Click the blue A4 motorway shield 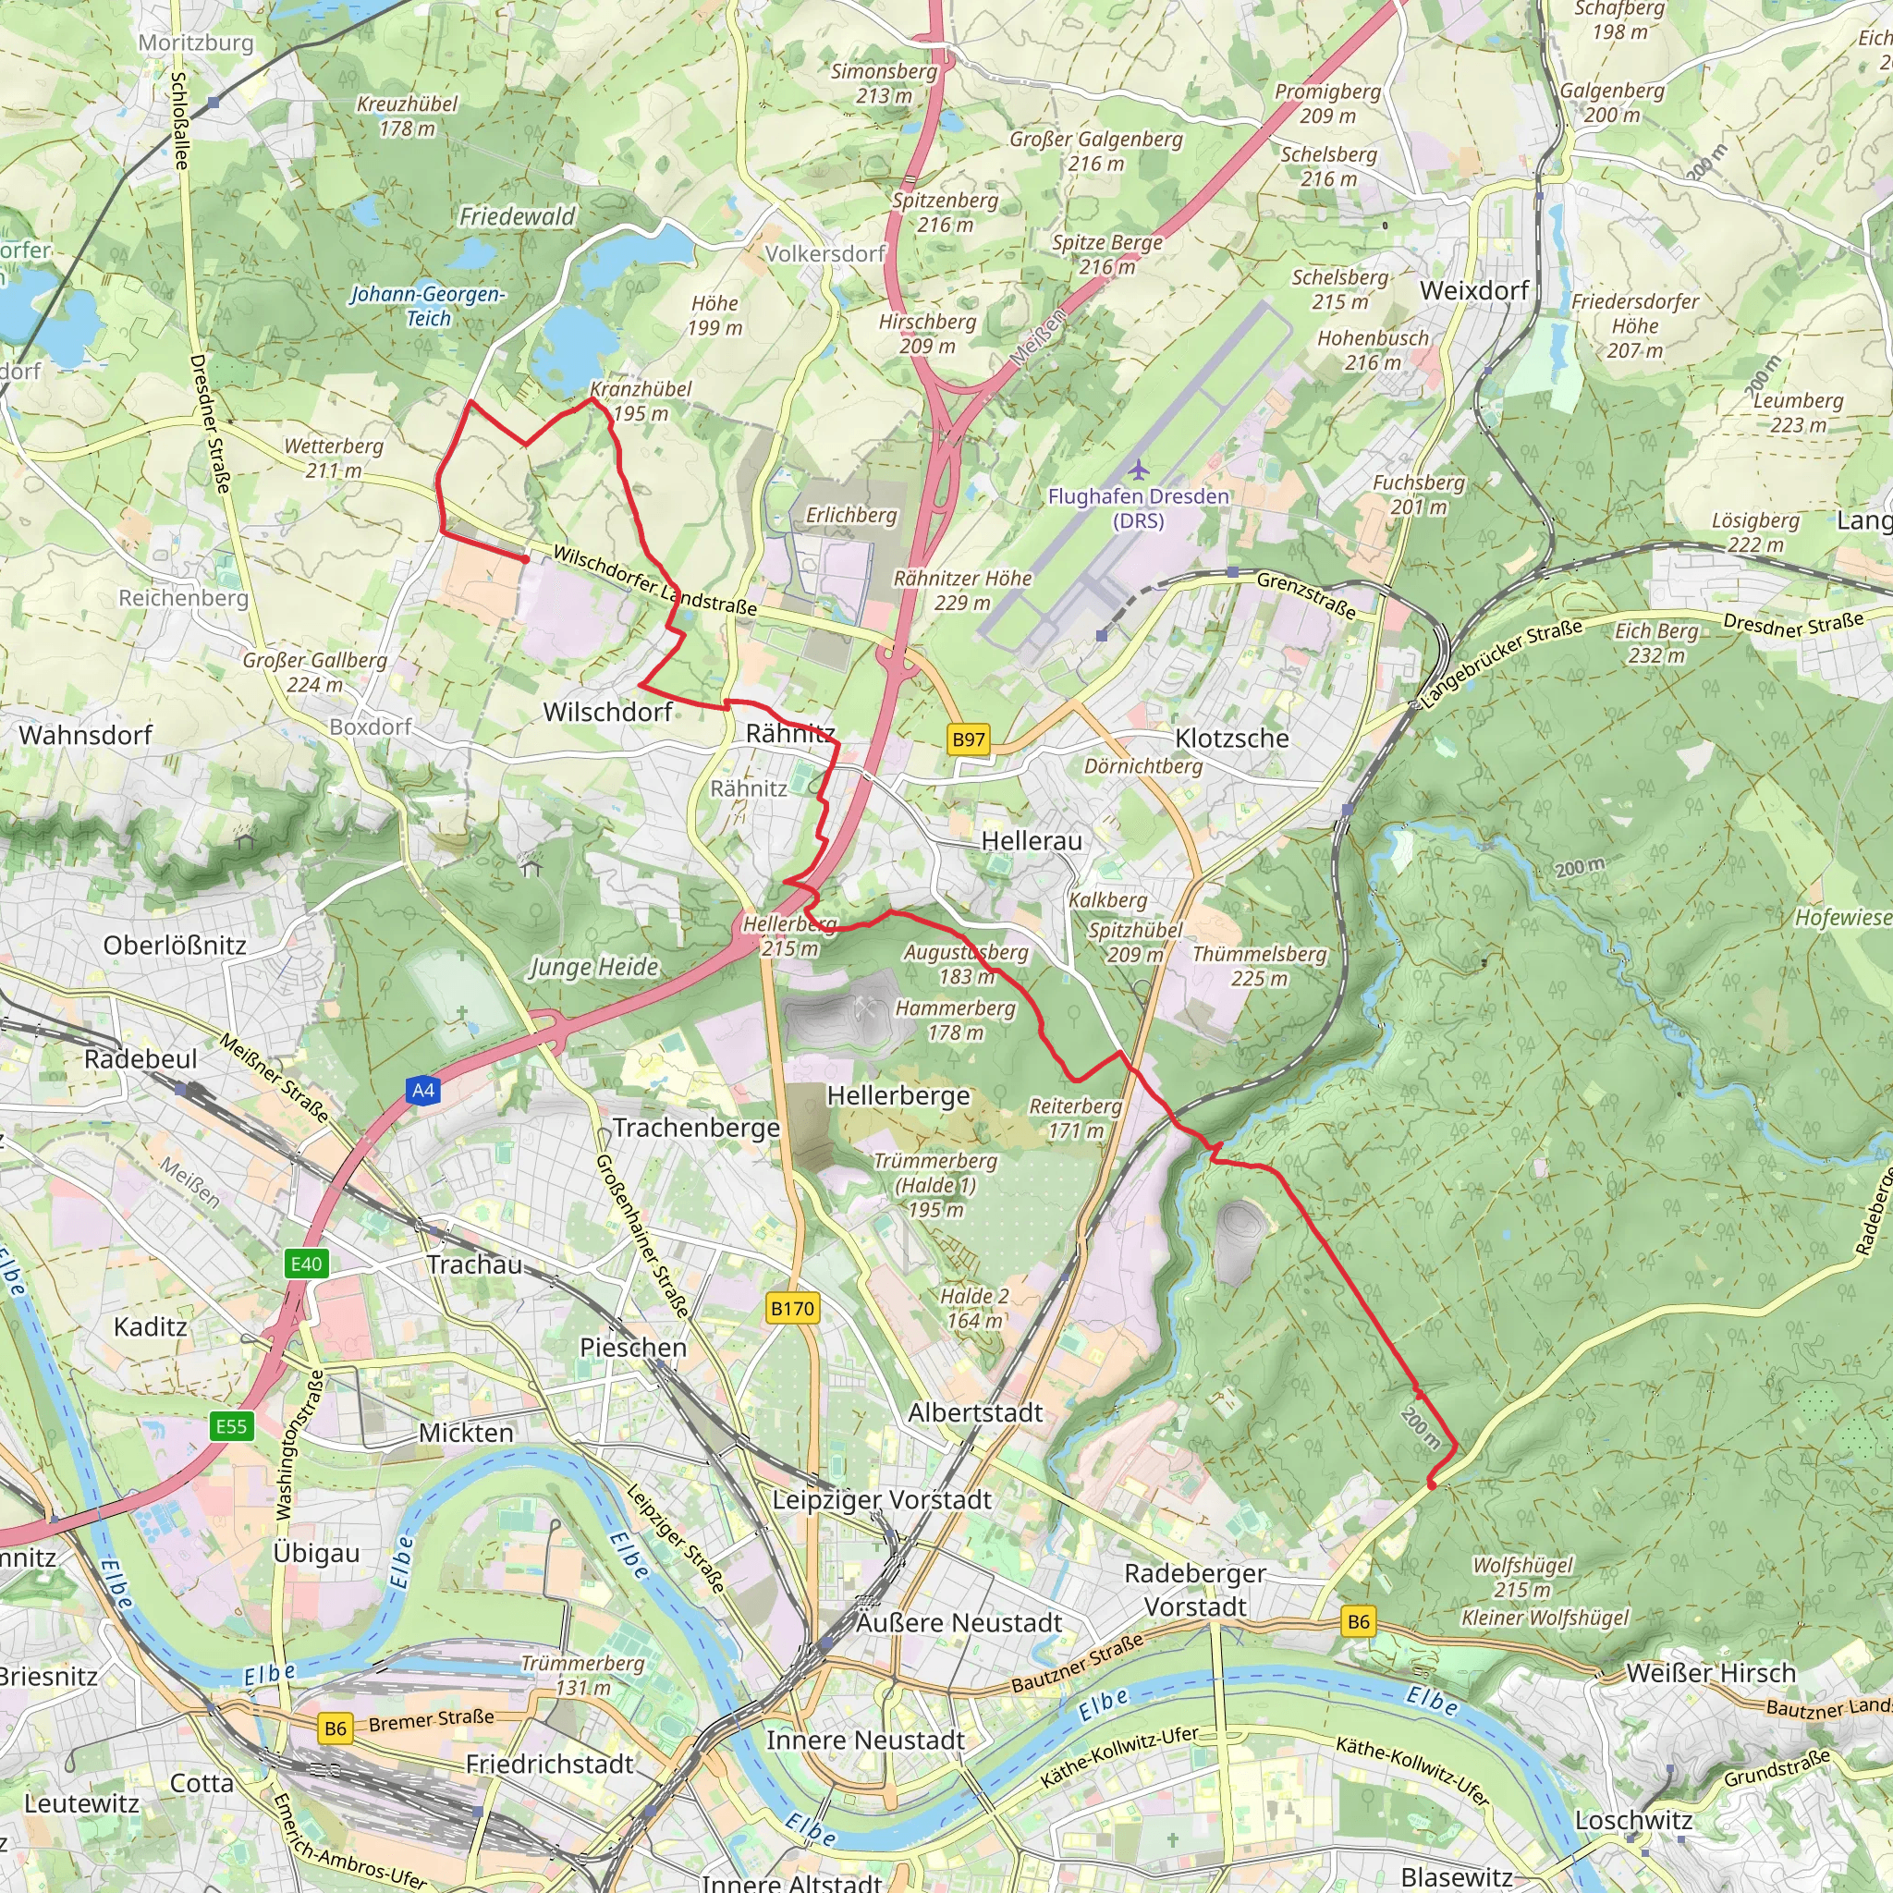click(x=422, y=1091)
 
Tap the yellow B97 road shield click(x=968, y=739)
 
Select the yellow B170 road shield click(x=792, y=1308)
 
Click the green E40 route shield click(x=306, y=1264)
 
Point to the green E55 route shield click(x=231, y=1425)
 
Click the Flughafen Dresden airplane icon click(x=1138, y=470)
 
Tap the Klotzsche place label click(x=1231, y=738)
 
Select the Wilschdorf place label click(x=607, y=713)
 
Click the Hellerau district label click(x=1031, y=841)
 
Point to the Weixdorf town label click(x=1473, y=291)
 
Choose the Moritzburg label click(x=196, y=43)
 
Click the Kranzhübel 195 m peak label click(x=641, y=401)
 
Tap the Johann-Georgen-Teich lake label click(x=428, y=306)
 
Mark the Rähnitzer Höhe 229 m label click(x=962, y=590)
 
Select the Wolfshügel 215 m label click(x=1522, y=1577)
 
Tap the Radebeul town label click(x=140, y=1059)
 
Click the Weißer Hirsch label click(x=1711, y=1674)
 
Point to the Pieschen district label click(x=633, y=1348)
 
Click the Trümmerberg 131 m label click(x=583, y=1676)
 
